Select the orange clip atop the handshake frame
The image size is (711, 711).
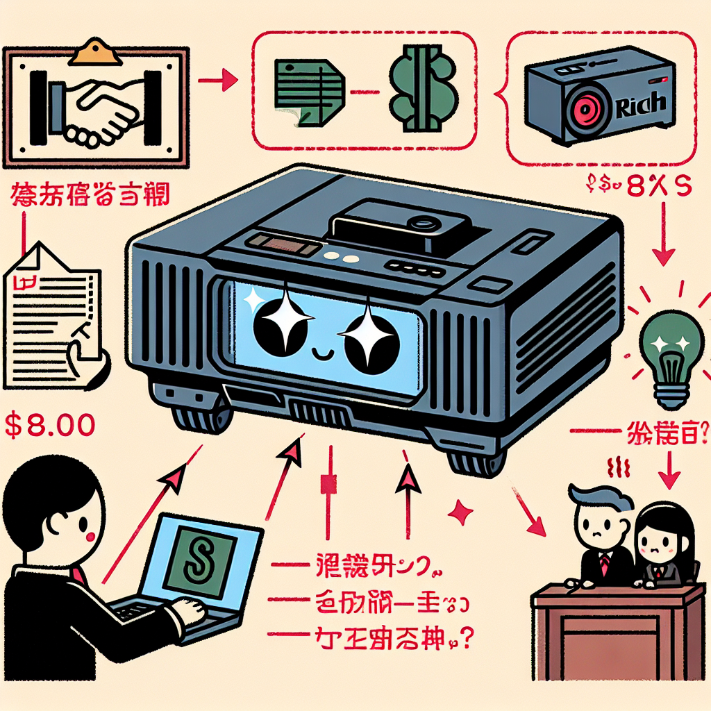click(96, 49)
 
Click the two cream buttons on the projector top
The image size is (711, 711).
click(338, 257)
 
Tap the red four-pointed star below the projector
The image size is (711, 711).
click(459, 513)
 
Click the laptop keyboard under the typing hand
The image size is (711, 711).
click(142, 612)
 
